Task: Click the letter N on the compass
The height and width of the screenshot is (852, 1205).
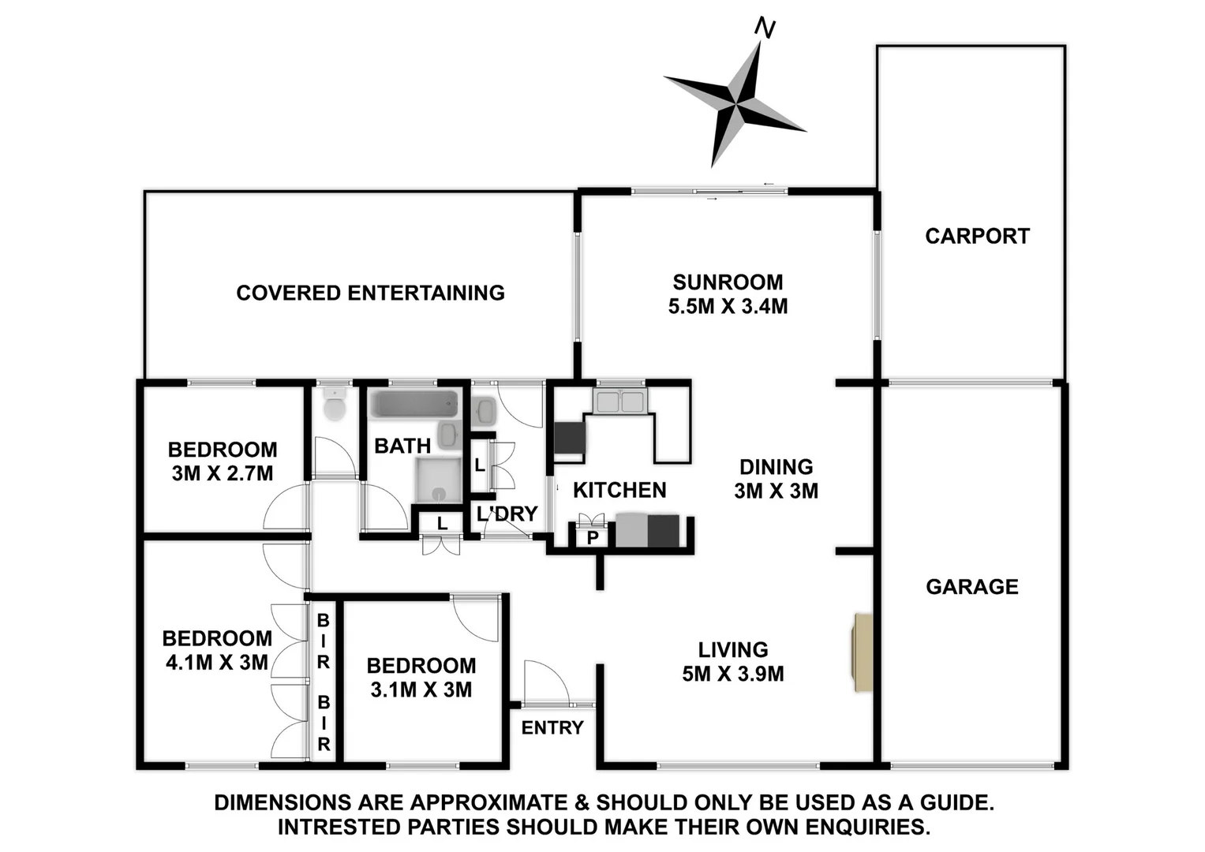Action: click(x=765, y=28)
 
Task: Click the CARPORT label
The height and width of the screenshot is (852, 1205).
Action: click(x=977, y=236)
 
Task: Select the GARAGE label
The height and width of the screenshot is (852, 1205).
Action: click(x=971, y=586)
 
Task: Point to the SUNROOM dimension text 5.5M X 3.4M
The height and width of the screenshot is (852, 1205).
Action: click(x=728, y=306)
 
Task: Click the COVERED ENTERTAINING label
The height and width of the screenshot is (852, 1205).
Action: click(x=370, y=293)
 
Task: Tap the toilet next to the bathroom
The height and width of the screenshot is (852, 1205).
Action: click(x=335, y=405)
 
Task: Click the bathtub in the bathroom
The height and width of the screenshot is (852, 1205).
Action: click(x=414, y=405)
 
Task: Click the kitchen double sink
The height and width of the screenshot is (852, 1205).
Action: click(x=620, y=402)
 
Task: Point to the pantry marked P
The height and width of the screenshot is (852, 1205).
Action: click(x=593, y=538)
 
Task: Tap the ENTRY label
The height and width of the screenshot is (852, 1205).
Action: click(x=552, y=727)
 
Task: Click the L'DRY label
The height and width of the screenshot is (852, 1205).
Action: click(x=507, y=514)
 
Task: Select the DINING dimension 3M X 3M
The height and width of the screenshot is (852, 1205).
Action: click(x=776, y=491)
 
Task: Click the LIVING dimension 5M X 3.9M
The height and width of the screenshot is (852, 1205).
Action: click(x=733, y=674)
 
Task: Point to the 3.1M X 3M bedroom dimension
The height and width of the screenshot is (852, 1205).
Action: click(x=421, y=689)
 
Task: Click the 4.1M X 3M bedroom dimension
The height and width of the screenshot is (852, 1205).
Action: click(x=217, y=662)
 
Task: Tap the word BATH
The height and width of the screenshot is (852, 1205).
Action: click(x=402, y=446)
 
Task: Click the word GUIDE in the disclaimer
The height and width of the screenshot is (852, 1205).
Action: click(x=953, y=802)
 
